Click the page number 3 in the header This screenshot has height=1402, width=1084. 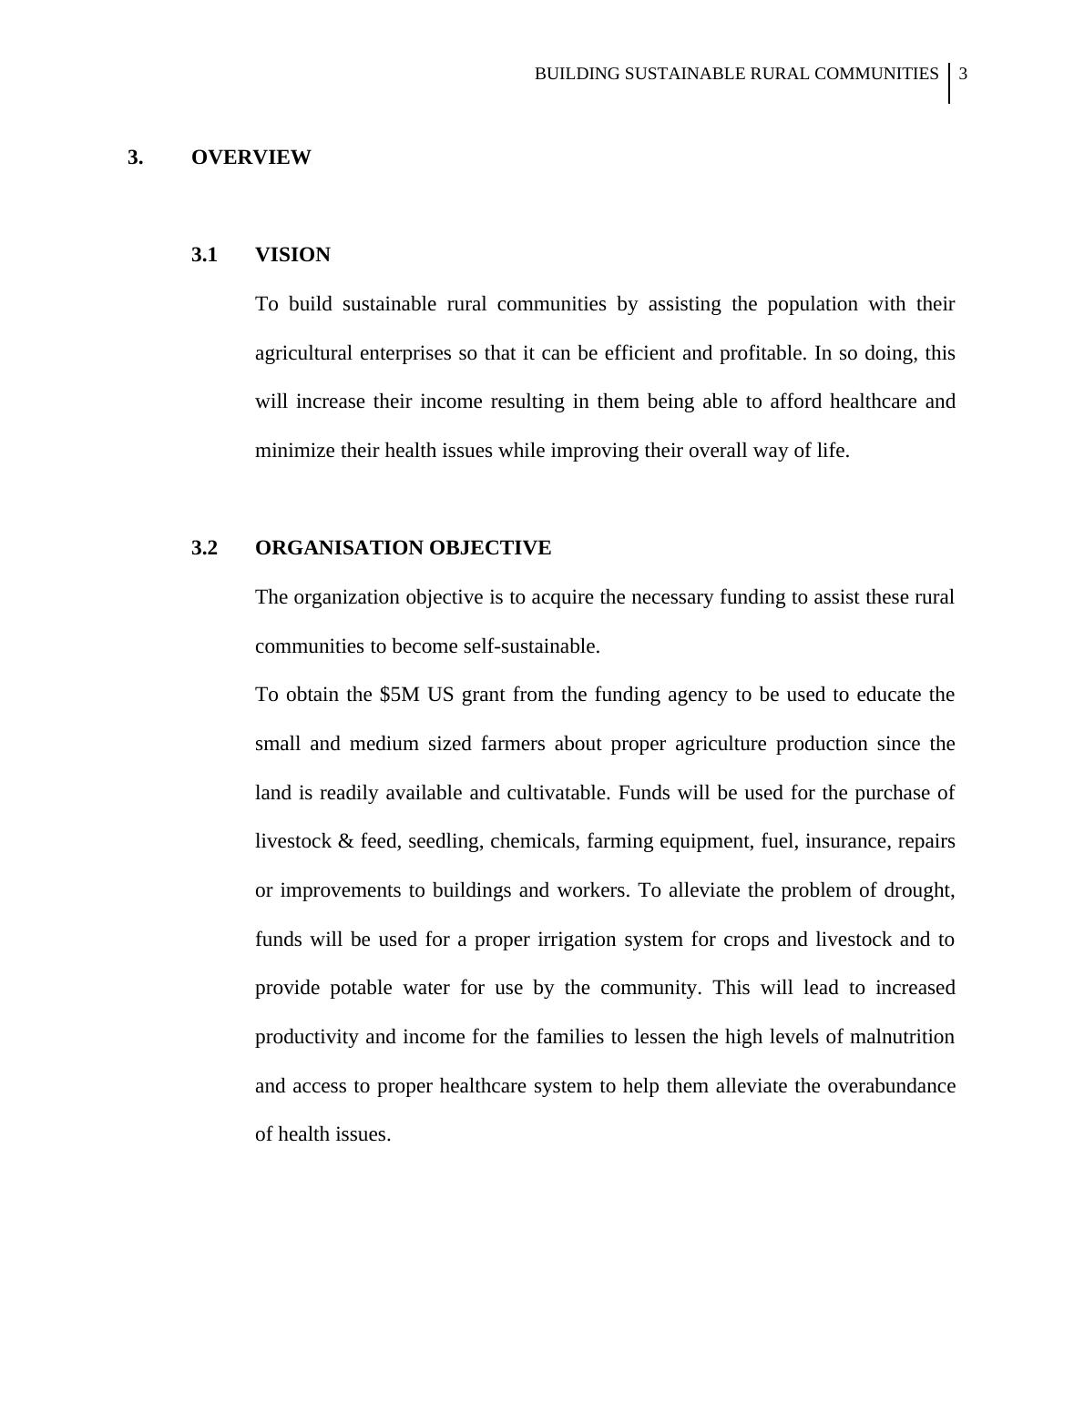coord(963,74)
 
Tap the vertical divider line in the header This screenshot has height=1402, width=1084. coord(950,83)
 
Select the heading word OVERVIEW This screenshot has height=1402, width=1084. coord(251,157)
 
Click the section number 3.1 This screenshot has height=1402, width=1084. coord(204,255)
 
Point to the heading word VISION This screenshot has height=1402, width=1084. coord(292,255)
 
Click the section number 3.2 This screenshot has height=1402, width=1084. coord(204,548)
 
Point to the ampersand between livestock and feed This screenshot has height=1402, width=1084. coord(345,841)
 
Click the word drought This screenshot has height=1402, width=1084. coord(919,890)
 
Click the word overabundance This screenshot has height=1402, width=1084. coord(891,1086)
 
